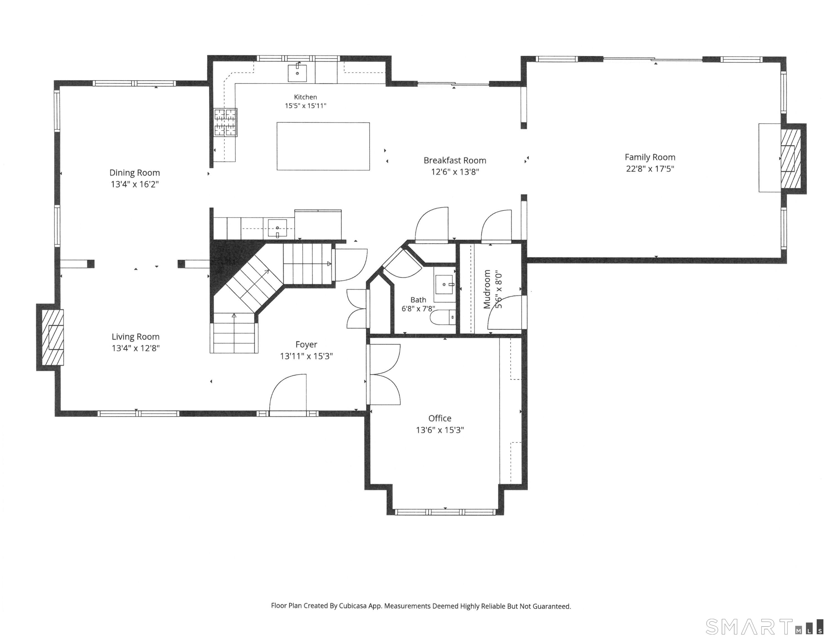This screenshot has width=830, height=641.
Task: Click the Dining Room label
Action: tap(134, 173)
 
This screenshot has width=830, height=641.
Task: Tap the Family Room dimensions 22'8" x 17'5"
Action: tap(650, 169)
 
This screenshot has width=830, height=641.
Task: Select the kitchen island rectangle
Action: tap(323, 146)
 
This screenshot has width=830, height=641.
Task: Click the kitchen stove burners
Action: tap(226, 122)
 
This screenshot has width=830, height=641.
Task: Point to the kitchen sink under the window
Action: tap(297, 73)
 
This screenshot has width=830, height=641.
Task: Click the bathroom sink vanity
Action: tap(445, 285)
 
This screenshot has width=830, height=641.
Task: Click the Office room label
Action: tap(440, 418)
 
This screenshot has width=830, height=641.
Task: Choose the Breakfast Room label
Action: tap(455, 161)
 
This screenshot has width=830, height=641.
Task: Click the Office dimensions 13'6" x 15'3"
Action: tap(440, 430)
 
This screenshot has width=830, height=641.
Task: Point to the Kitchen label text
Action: tap(306, 97)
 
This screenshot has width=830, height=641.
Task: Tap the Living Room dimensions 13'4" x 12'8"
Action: tap(135, 348)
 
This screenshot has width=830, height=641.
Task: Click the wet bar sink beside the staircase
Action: tap(278, 228)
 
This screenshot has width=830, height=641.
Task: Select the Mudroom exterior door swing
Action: tap(505, 312)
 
